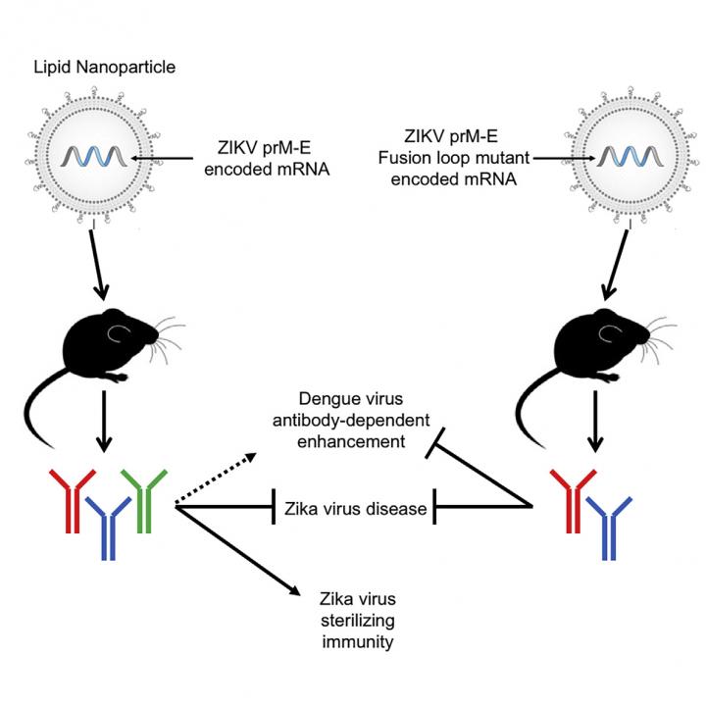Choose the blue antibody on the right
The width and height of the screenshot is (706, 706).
[608, 525]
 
